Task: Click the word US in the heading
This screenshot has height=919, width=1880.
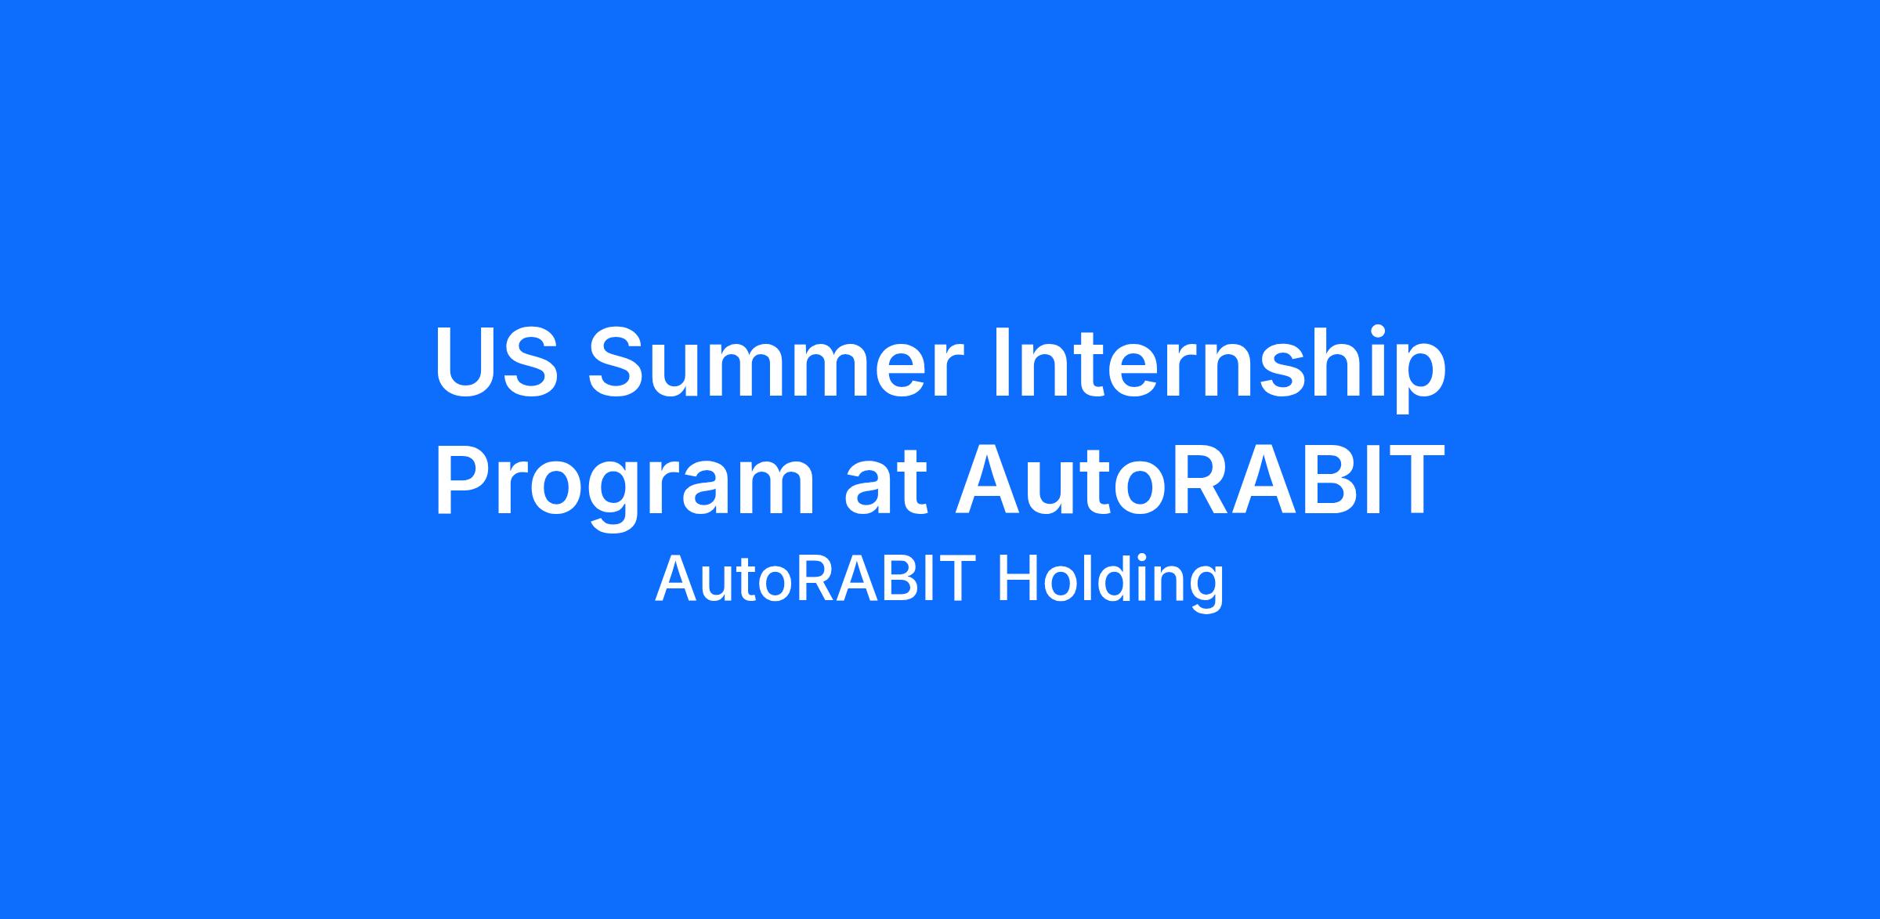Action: pyautogui.click(x=497, y=361)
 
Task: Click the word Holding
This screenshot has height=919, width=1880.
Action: pyautogui.click(x=1109, y=583)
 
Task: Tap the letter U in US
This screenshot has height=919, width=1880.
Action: pyautogui.click(x=465, y=362)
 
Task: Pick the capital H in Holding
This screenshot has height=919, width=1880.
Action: pyautogui.click(x=1014, y=580)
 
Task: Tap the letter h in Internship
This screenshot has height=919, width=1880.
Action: pyautogui.click(x=1337, y=361)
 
